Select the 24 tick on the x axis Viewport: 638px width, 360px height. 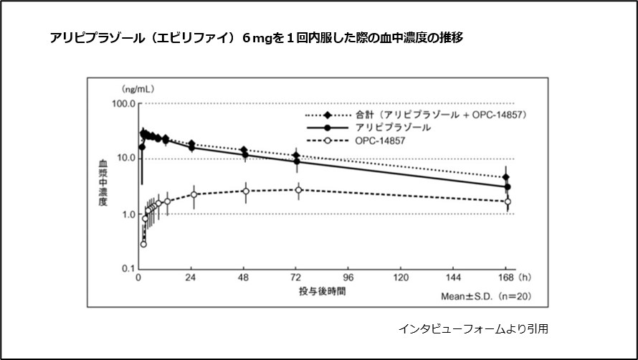(191, 279)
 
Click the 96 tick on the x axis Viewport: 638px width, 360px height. (349, 279)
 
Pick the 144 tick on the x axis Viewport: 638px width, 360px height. (454, 279)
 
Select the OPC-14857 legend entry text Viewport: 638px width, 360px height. (380, 141)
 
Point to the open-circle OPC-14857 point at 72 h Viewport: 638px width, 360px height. (297, 189)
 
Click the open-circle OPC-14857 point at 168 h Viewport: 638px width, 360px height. (508, 202)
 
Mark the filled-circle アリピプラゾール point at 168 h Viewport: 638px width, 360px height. (508, 187)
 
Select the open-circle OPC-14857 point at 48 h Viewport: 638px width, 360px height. (245, 191)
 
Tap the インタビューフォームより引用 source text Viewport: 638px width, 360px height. (473, 328)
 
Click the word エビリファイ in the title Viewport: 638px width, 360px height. (196, 37)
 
